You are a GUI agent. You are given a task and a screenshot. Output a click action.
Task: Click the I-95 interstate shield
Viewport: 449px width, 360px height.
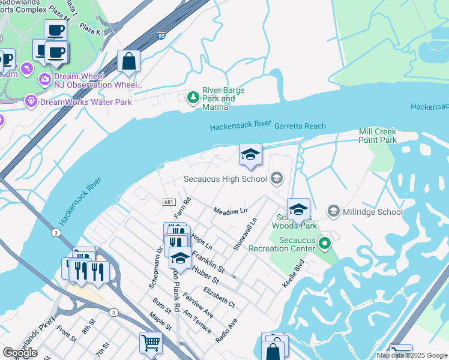[160, 35]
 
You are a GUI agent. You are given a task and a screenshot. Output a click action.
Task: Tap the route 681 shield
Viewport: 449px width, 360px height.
[169, 203]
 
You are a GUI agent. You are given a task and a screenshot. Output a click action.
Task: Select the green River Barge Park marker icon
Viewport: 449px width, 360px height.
[193, 97]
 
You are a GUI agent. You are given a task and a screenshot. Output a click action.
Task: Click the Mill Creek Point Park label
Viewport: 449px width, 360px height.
[378, 136]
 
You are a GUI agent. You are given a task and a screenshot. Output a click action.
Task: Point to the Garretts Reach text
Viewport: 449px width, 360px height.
[300, 126]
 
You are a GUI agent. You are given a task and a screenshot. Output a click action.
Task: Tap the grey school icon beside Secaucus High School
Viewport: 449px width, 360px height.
[277, 178]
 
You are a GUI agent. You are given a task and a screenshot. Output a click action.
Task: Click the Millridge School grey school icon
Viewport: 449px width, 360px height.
[334, 211]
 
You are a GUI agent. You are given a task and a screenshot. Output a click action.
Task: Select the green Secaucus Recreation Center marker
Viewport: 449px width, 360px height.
[325, 243]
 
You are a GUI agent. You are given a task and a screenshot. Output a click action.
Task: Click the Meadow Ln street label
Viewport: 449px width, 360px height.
[231, 211]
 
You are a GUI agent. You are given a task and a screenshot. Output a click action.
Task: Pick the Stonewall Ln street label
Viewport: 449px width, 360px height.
[246, 234]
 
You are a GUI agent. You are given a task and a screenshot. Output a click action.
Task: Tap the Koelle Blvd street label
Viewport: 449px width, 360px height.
[294, 273]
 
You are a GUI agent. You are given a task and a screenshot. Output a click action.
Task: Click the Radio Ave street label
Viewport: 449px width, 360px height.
[226, 330]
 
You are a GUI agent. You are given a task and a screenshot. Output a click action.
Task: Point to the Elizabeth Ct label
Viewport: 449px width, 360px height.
[219, 297]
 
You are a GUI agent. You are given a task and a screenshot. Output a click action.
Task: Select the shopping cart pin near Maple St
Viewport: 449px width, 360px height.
[151, 343]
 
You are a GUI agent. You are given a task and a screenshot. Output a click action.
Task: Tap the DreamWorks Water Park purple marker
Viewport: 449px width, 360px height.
[31, 102]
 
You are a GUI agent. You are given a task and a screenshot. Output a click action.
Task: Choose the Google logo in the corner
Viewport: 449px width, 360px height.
[20, 353]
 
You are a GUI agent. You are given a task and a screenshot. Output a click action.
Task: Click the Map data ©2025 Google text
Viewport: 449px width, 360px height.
[411, 355]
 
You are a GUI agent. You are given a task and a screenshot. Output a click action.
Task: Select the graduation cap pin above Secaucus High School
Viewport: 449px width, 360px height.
[250, 154]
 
